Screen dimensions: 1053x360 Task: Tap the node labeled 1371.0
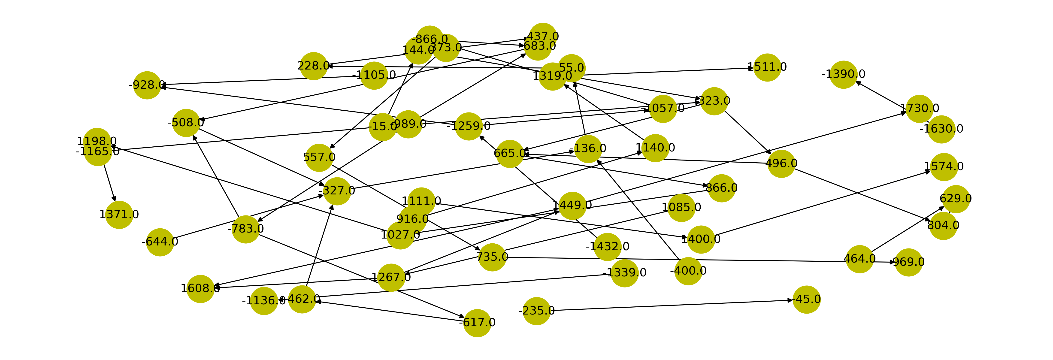pyautogui.click(x=119, y=215)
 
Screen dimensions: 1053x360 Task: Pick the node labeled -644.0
pyautogui.click(x=160, y=242)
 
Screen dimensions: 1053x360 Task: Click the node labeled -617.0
pyautogui.click(x=477, y=323)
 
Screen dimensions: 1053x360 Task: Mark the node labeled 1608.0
pyautogui.click(x=200, y=288)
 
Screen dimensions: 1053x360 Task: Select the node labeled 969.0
pyautogui.click(x=908, y=262)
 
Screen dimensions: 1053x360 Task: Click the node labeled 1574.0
pyautogui.click(x=944, y=167)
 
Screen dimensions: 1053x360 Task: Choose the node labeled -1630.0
pyautogui.click(x=941, y=129)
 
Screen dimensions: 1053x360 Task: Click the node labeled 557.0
pyautogui.click(x=319, y=157)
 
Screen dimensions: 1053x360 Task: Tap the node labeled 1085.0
pyautogui.click(x=681, y=208)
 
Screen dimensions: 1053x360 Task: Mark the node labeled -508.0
pyautogui.click(x=186, y=123)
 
